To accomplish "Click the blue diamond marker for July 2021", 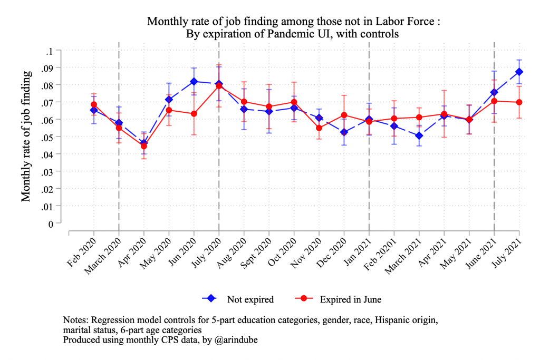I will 519,72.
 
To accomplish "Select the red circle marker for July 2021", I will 519,102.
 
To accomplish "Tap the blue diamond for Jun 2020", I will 194,82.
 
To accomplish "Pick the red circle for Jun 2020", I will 194,114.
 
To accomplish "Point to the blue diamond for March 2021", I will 419,136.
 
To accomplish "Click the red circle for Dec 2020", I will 344,115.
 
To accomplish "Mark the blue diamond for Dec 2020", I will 344,132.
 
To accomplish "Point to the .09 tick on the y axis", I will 48,67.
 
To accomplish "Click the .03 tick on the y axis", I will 48,171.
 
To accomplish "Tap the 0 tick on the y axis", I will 51,223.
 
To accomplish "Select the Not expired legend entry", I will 250,299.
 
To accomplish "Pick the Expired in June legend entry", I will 350,299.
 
